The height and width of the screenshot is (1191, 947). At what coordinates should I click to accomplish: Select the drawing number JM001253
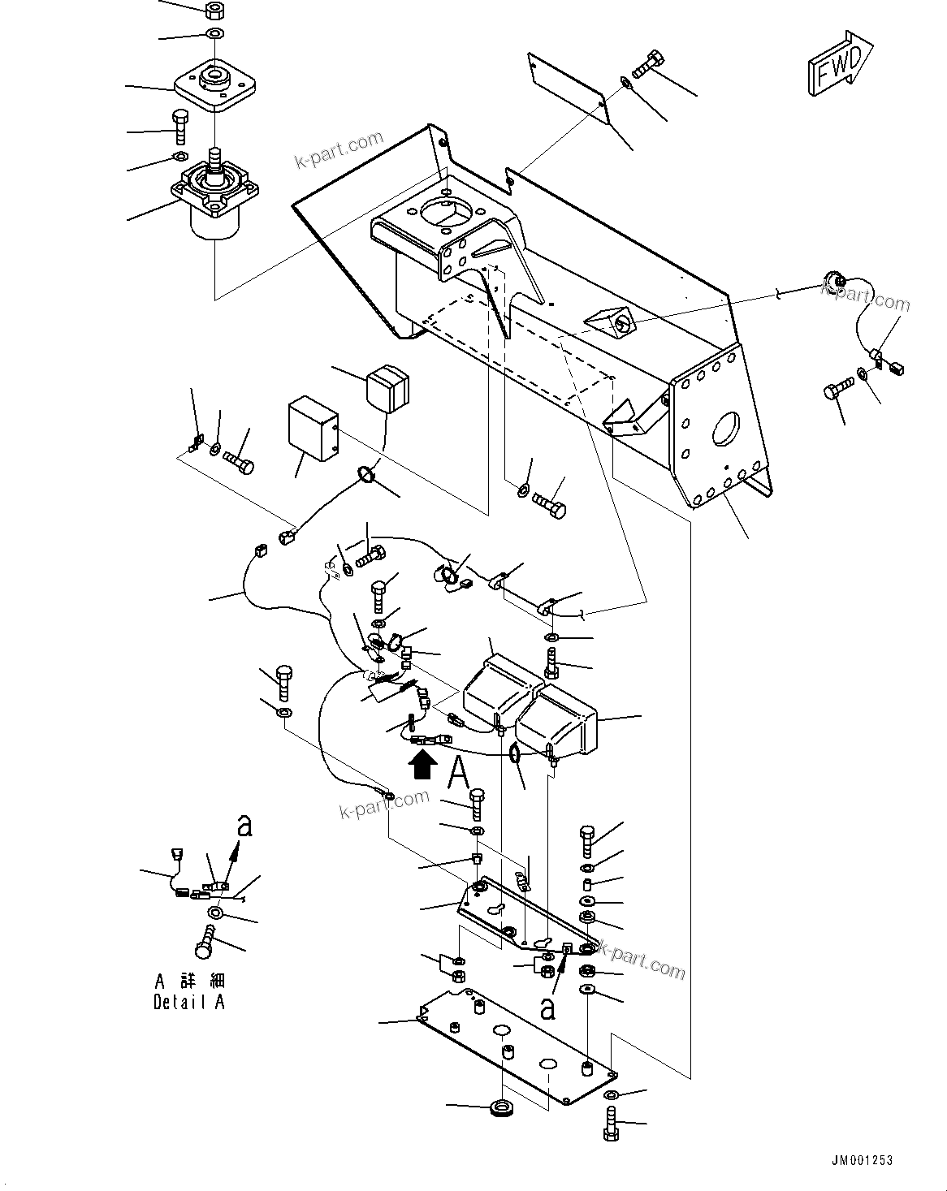point(861,1160)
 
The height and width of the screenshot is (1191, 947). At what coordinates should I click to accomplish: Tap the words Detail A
point(189,1002)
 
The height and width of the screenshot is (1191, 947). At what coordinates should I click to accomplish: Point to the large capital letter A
point(459,771)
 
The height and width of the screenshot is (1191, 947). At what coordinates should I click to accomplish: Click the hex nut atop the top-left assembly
point(215,11)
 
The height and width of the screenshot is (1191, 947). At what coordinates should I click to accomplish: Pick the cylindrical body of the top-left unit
point(214,219)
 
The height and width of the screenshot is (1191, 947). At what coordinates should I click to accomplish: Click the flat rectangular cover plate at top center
point(568,88)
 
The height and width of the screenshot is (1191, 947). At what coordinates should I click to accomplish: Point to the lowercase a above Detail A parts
point(244,826)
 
